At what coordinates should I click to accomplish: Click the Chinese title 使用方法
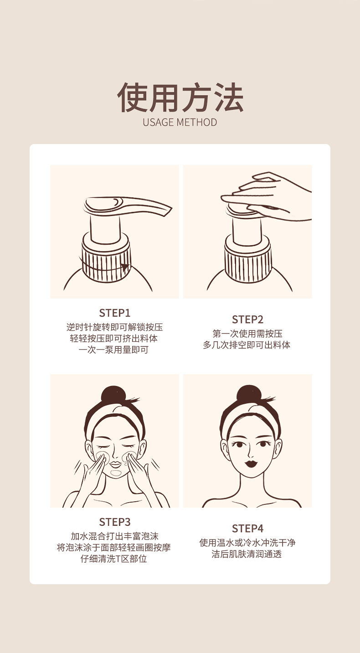point(180,98)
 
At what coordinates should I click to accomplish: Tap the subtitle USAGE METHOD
point(180,123)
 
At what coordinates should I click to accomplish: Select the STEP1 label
point(114,313)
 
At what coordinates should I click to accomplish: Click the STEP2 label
point(247,319)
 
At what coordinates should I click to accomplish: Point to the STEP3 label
point(114,522)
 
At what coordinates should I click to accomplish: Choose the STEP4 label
point(247,529)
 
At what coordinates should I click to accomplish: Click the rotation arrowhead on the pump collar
point(125,267)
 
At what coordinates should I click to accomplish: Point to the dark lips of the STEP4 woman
point(250,463)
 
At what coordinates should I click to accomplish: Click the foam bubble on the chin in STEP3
point(115,473)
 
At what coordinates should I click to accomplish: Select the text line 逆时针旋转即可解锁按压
point(114,327)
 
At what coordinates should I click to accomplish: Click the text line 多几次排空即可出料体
point(247,345)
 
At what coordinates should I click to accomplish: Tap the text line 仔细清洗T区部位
point(113,559)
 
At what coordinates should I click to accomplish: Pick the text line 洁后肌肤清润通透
point(247,554)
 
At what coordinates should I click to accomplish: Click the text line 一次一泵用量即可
point(113,350)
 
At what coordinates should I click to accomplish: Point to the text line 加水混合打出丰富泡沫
point(114,536)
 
